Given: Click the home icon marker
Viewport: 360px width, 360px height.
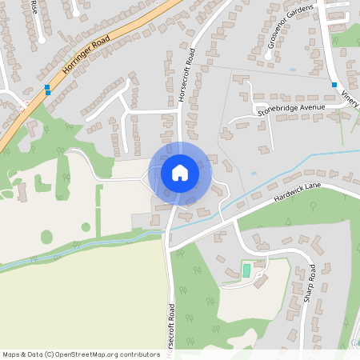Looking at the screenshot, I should tap(180, 172).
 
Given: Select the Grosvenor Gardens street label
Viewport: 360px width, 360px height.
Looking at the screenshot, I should tap(292, 34).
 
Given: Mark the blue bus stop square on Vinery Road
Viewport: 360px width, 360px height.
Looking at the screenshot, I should tap(334, 84).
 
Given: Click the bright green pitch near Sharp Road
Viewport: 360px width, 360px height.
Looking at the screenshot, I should tap(246, 271).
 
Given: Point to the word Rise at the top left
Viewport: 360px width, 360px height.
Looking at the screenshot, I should tap(34, 6).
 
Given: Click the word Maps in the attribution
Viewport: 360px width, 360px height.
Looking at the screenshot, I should tap(12, 354).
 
